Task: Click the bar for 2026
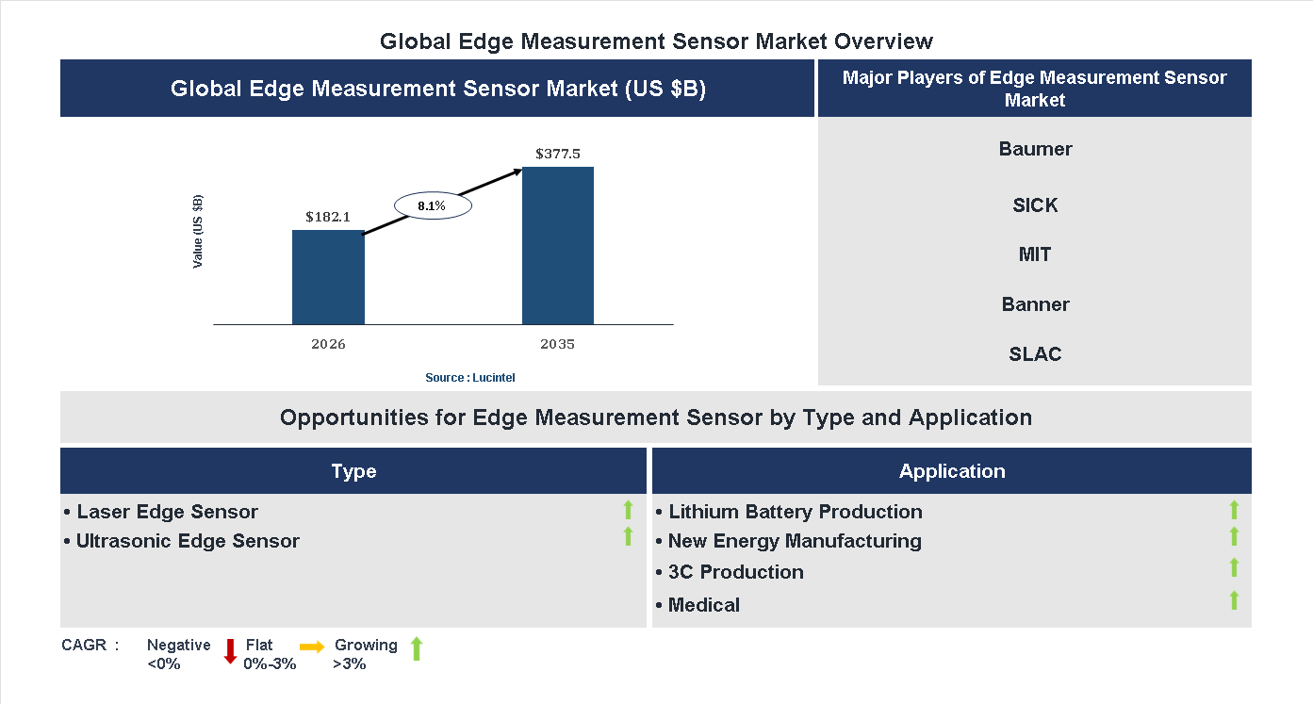(328, 278)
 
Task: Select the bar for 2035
(558, 246)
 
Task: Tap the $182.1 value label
(328, 217)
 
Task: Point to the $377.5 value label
(558, 154)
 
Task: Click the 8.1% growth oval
(432, 205)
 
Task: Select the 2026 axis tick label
(328, 344)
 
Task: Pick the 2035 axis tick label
(558, 344)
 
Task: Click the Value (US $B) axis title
(198, 232)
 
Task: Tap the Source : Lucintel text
(470, 378)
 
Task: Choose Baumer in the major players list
(1035, 149)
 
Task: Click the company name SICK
(1035, 205)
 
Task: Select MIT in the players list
(1035, 254)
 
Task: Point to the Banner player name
(1035, 304)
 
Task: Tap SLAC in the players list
(1035, 354)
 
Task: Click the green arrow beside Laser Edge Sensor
(628, 511)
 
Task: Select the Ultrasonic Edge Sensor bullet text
(188, 541)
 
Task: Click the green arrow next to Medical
(1234, 600)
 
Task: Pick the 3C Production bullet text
(735, 572)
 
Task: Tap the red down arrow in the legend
(230, 651)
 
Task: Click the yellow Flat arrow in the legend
(312, 647)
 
